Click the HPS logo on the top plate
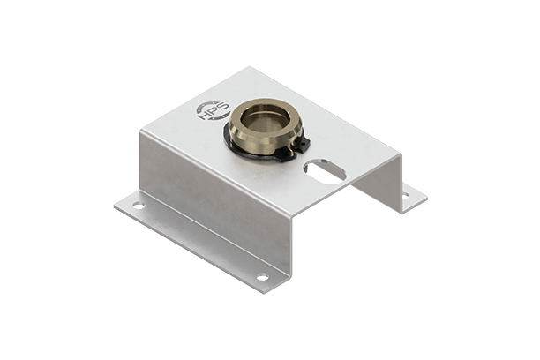click(x=213, y=111)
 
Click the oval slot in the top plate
click(x=324, y=169)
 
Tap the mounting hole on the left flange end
click(x=139, y=206)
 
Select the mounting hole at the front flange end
click(x=262, y=277)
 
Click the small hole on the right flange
click(x=405, y=194)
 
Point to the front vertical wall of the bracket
click(x=212, y=207)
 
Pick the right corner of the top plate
click(x=401, y=156)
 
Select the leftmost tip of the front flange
click(x=115, y=205)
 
